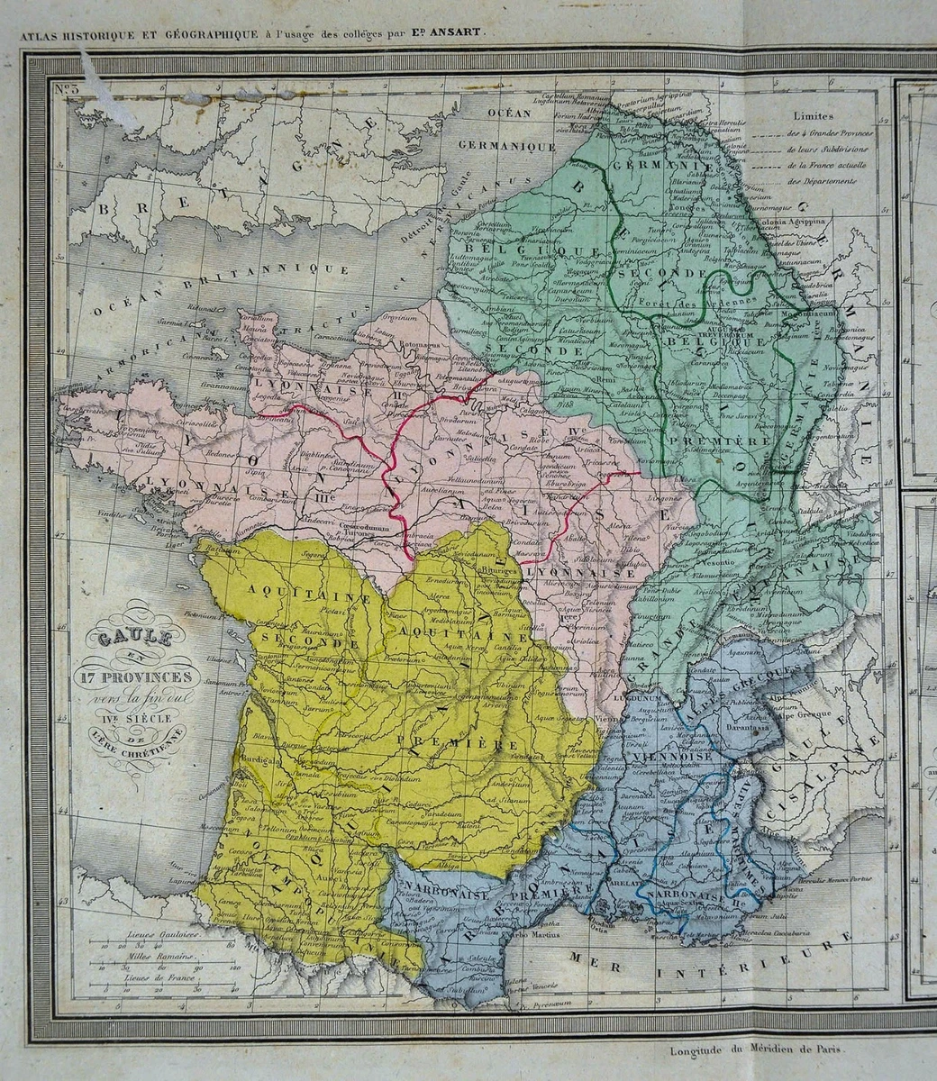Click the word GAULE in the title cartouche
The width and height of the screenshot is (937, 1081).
(x=135, y=638)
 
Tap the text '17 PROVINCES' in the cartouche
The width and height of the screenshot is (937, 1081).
(x=138, y=677)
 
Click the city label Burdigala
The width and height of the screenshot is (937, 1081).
(x=258, y=759)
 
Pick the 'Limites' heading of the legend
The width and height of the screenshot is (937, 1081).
(x=814, y=116)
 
